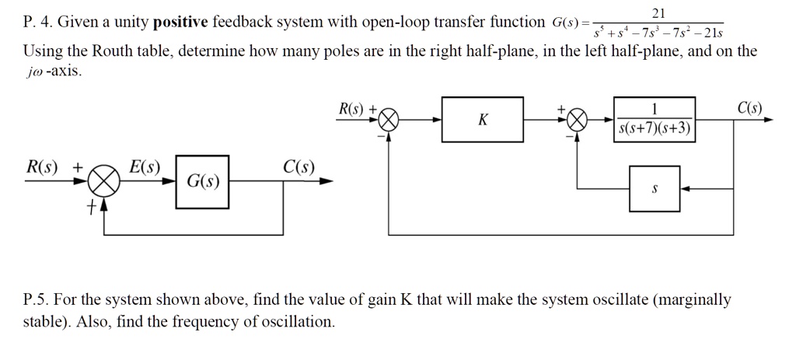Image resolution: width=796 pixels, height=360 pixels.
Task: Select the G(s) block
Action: [x=202, y=182]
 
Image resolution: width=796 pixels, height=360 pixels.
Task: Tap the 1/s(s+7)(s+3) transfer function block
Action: [x=654, y=120]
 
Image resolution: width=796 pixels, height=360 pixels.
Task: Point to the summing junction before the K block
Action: [x=389, y=121]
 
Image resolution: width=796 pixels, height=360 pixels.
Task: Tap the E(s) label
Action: [x=145, y=166]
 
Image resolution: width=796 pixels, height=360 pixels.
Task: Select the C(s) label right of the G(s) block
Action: [x=298, y=166]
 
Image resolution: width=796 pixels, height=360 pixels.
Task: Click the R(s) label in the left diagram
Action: [x=40, y=166]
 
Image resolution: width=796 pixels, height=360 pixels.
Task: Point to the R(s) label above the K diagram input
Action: [x=353, y=107]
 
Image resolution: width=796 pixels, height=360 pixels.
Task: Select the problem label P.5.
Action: [x=37, y=300]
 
